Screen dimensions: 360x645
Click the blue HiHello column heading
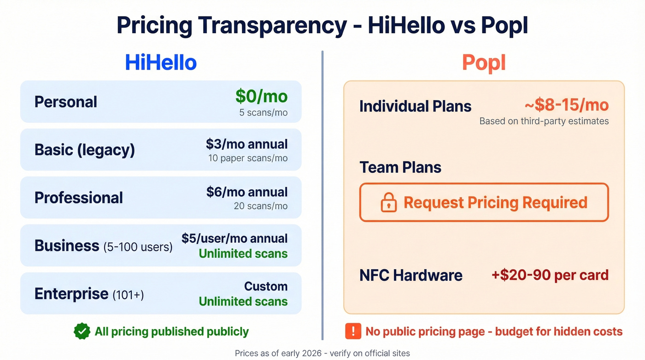click(x=161, y=63)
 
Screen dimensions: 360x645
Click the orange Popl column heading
click(x=484, y=63)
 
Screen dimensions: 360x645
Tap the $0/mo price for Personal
click(x=261, y=96)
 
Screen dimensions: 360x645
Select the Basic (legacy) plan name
click(x=85, y=150)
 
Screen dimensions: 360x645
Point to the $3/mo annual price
click(x=246, y=144)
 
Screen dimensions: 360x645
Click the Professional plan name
click(x=79, y=198)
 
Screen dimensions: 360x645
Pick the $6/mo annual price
click(x=246, y=192)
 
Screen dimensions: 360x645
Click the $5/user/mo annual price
click(x=235, y=238)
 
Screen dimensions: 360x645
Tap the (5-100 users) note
click(x=138, y=247)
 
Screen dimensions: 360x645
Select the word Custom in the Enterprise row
click(x=266, y=286)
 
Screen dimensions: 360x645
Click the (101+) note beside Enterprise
click(x=128, y=295)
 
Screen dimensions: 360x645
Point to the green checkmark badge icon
click(x=82, y=331)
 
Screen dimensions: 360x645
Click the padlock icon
click(x=389, y=202)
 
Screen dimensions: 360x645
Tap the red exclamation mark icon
click(x=353, y=331)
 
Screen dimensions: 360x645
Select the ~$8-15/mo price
click(x=566, y=105)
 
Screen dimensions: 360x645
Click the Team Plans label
click(x=400, y=167)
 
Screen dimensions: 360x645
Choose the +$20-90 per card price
click(x=550, y=275)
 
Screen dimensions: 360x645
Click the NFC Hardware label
click(x=411, y=275)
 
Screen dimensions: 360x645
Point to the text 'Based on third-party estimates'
click(x=544, y=121)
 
